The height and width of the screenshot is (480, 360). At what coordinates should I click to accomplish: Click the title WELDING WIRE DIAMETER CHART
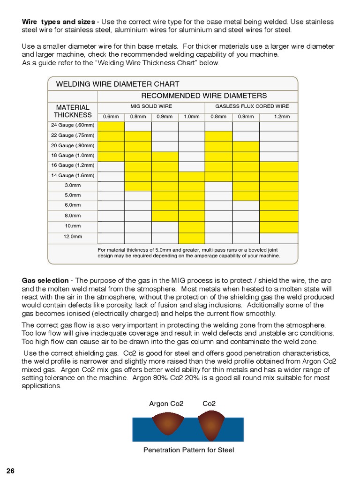tap(118, 84)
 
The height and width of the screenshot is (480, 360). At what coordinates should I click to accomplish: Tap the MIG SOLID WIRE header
tap(151, 106)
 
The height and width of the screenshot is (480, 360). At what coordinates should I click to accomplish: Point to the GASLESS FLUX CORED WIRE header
tap(252, 106)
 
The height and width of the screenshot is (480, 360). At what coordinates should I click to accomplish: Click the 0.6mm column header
tap(111, 117)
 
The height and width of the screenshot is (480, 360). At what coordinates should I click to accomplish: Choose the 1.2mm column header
tap(282, 117)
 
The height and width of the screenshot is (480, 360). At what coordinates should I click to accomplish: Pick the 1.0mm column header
tap(192, 117)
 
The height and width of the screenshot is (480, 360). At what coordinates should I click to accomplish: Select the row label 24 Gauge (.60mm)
tap(73, 125)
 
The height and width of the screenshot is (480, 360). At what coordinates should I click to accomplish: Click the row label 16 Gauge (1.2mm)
tap(73, 165)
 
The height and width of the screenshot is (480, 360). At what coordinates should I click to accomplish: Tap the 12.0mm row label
tap(73, 237)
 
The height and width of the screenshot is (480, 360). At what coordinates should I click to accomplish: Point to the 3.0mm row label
tap(73, 185)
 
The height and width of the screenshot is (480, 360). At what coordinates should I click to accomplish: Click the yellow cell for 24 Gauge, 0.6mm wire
tap(111, 126)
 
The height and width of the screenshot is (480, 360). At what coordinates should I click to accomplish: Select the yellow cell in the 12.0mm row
tap(192, 238)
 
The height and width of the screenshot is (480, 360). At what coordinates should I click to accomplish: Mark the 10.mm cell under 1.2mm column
tap(279, 227)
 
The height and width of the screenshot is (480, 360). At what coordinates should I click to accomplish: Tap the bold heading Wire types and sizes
tap(59, 22)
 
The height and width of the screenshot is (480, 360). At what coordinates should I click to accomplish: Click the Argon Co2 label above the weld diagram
tap(166, 404)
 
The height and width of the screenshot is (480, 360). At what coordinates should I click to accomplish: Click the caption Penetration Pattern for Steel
tap(188, 450)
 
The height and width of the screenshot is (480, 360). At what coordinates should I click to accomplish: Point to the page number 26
tap(10, 471)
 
